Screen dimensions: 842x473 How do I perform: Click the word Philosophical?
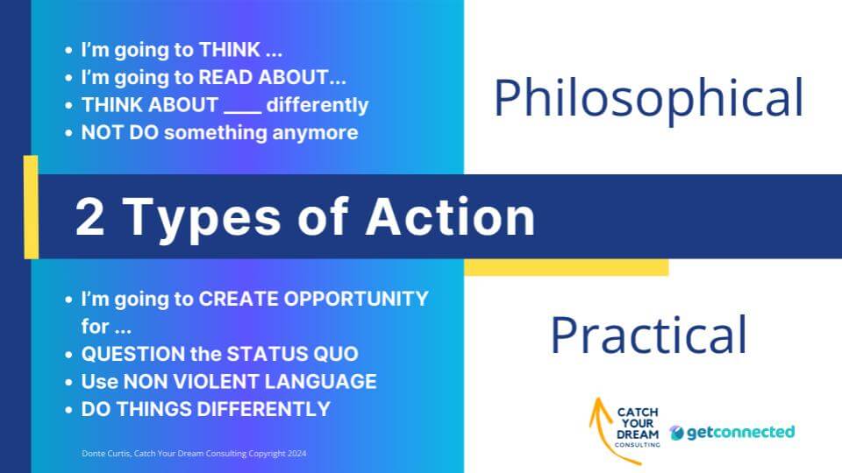tap(648, 98)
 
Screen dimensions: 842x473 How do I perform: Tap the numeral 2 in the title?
tap(89, 216)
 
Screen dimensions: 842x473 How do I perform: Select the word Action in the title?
tap(450, 216)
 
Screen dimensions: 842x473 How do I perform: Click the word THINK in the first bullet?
tap(230, 50)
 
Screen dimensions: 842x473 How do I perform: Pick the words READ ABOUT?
tap(264, 77)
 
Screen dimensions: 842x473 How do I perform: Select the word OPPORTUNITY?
tap(356, 299)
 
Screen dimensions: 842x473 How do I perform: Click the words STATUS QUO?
tap(293, 354)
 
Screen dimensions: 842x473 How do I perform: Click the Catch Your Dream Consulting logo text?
tap(638, 427)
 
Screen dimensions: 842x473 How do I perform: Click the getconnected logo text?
tap(740, 432)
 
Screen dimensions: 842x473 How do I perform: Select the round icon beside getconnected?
tap(676, 432)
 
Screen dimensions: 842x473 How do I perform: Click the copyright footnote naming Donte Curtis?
tap(194, 454)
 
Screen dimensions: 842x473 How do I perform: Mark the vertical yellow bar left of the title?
tap(32, 208)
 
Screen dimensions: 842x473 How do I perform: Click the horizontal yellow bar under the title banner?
tap(567, 267)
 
